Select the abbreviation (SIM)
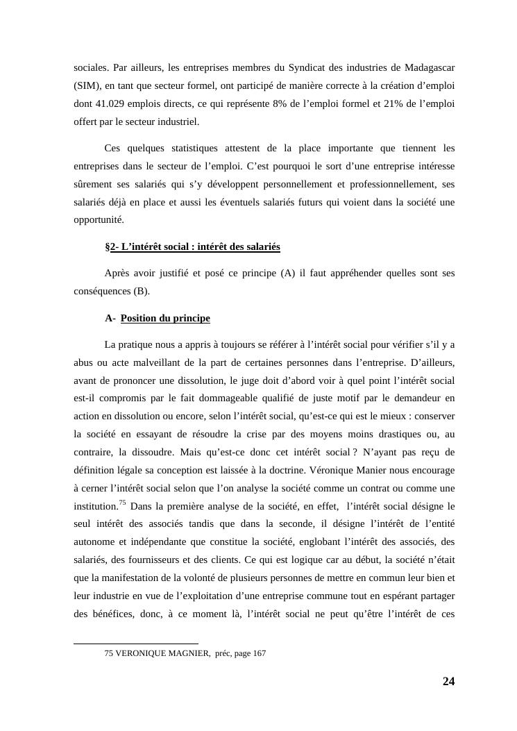[x=87, y=85]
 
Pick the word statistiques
[x=193, y=148]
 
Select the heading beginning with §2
[x=192, y=246]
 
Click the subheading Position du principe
[x=165, y=318]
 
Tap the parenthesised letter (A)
[x=288, y=273]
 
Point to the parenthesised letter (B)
[x=141, y=291]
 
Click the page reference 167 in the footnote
[x=259, y=653]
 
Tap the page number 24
[x=448, y=681]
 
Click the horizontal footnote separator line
[x=136, y=644]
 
